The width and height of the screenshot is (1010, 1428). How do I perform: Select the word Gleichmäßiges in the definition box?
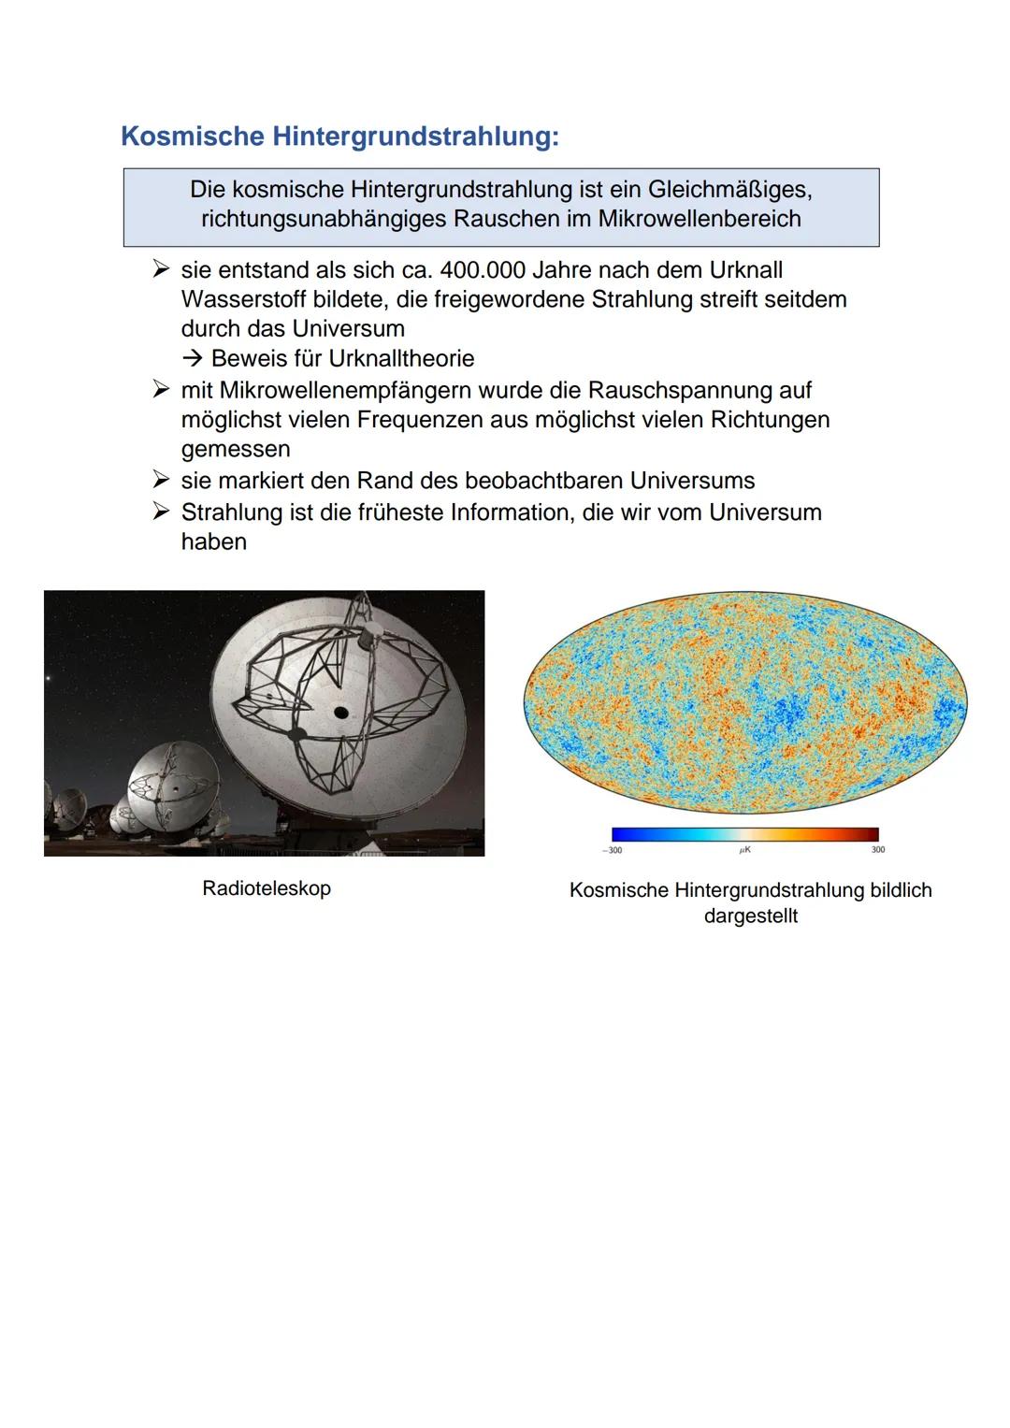tap(729, 190)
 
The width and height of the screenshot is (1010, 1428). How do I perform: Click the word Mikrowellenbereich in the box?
tap(700, 219)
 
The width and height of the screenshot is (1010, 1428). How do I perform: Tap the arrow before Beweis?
tap(193, 359)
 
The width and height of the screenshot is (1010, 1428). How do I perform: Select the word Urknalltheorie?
tap(402, 359)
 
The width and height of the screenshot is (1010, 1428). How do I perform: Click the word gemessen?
tap(236, 449)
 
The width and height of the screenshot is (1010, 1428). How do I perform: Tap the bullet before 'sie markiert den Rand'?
tap(162, 481)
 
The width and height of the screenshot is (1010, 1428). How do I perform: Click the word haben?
tap(213, 542)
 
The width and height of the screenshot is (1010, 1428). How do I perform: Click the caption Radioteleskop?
tap(267, 888)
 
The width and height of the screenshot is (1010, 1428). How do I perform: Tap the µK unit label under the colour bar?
tap(745, 850)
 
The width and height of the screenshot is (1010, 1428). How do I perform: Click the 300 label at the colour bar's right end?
tap(877, 850)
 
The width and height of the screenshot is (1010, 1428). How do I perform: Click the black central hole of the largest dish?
tap(340, 713)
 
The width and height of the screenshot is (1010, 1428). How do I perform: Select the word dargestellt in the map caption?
tap(751, 916)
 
